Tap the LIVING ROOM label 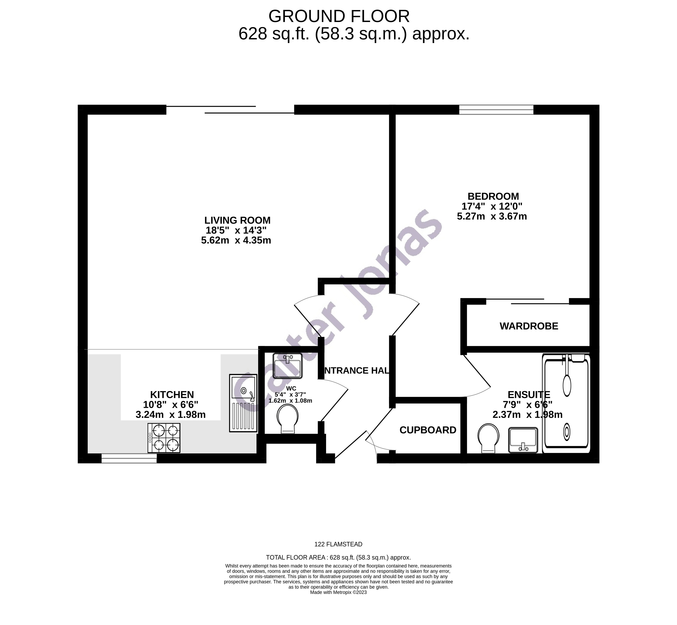tap(237, 220)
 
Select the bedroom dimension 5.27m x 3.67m tap(492, 217)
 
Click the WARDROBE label tap(529, 326)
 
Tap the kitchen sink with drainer tap(243, 403)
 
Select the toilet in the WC tap(288, 419)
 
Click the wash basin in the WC tap(287, 366)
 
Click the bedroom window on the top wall tap(496, 110)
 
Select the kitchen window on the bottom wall tap(129, 459)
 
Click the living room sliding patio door tap(230, 110)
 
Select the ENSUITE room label tap(529, 395)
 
